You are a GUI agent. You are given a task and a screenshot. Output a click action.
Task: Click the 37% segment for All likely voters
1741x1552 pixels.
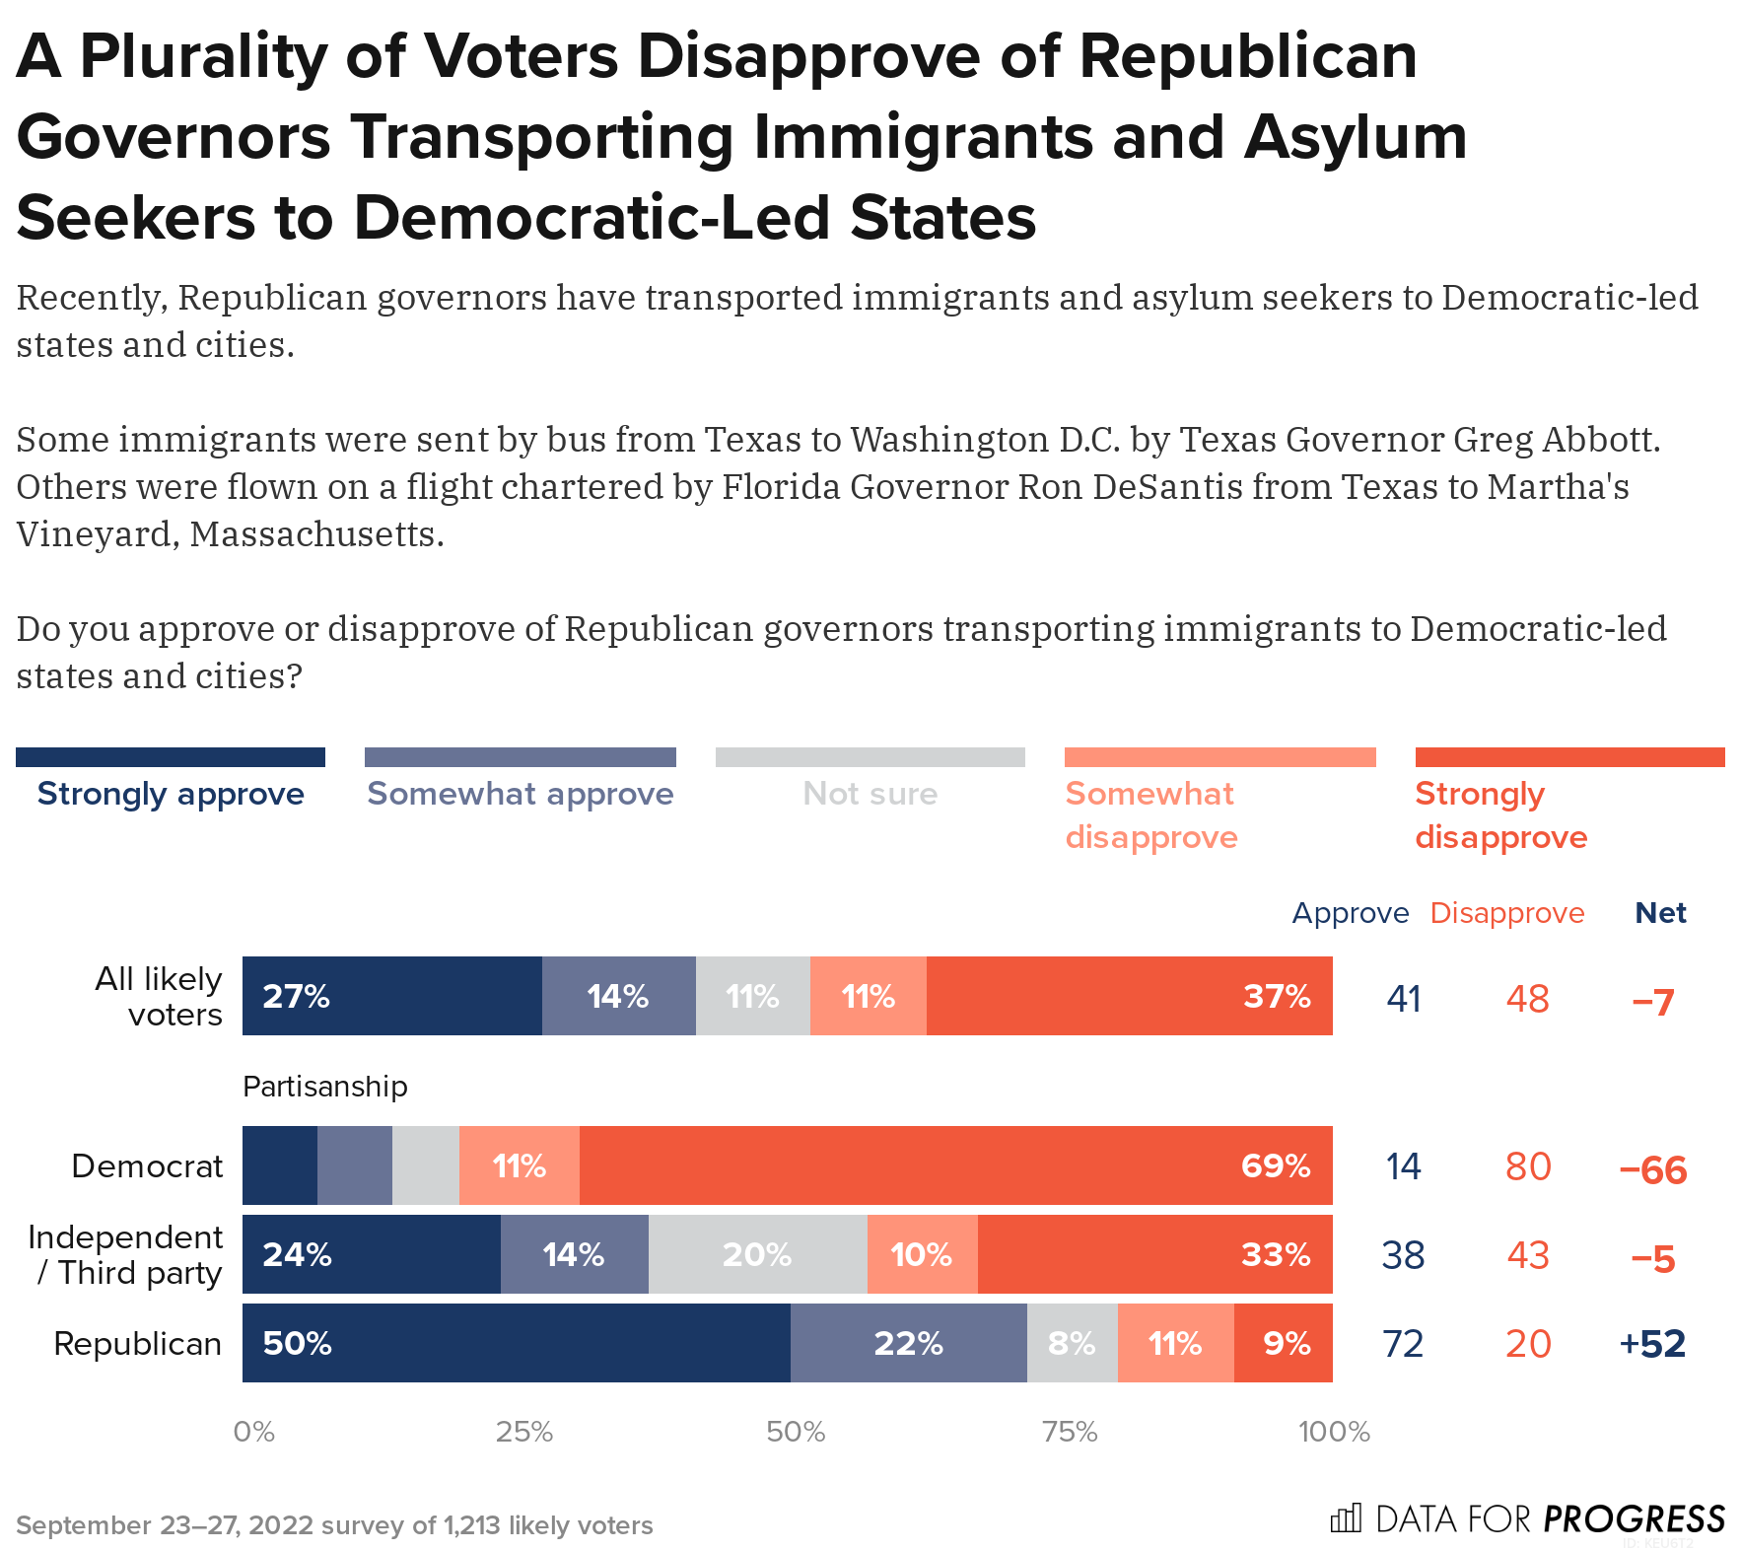(x=1129, y=996)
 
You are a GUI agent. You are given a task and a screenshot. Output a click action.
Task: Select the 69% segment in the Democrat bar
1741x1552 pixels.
(x=955, y=1165)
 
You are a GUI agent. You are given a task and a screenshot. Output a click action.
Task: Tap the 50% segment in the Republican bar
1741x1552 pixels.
(x=516, y=1343)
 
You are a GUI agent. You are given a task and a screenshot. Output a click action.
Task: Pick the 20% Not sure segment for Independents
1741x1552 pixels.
(x=757, y=1254)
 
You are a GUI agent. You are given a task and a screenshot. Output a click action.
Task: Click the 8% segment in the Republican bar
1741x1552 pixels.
(x=1072, y=1343)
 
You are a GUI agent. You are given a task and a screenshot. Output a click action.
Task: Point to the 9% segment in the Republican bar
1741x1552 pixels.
(x=1283, y=1343)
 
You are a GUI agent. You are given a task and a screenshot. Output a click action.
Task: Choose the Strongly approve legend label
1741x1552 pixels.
(x=171, y=794)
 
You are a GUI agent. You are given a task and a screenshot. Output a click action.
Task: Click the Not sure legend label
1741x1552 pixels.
(x=870, y=794)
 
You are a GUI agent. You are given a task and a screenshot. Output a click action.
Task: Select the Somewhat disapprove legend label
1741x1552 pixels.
(x=1150, y=815)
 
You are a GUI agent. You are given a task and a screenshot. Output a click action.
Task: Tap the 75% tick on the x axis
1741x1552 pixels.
(x=1070, y=1432)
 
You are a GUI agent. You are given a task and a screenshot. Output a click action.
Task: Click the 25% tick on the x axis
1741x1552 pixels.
(x=523, y=1432)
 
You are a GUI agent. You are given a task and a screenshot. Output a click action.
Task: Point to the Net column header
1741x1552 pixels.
(x=1660, y=913)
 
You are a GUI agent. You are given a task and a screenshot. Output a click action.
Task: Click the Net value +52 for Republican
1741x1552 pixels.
(x=1652, y=1344)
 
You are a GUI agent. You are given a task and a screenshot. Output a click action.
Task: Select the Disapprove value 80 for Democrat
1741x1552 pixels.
(x=1527, y=1166)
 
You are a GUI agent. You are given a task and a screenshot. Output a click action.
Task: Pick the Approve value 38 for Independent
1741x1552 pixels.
(x=1403, y=1255)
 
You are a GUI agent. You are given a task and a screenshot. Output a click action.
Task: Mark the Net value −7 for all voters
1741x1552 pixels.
(x=1652, y=1002)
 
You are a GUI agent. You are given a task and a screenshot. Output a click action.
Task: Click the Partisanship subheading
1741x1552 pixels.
(x=324, y=1087)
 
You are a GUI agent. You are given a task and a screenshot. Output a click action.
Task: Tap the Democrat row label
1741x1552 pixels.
(x=147, y=1166)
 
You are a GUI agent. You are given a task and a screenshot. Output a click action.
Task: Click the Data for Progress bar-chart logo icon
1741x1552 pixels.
(x=1346, y=1518)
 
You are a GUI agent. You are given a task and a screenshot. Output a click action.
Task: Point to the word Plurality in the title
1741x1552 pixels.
(x=203, y=56)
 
